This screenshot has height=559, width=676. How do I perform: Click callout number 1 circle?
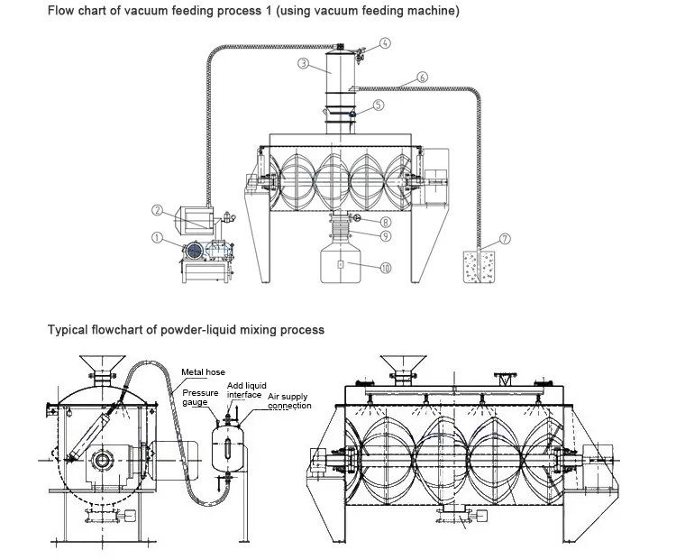tap(157, 239)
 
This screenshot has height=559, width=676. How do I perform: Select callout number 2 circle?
tap(157, 211)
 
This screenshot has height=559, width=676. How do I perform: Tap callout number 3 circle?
tap(304, 63)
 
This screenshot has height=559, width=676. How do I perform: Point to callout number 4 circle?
tap(385, 43)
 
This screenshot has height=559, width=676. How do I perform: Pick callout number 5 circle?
tap(379, 105)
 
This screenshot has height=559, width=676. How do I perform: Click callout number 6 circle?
tap(423, 77)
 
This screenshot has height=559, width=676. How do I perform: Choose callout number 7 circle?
tap(505, 238)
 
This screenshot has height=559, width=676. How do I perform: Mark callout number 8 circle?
tap(385, 222)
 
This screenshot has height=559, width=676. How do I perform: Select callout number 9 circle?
tap(385, 236)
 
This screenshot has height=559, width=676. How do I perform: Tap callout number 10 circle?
tap(385, 267)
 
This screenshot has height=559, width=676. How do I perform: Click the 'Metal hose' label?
tap(203, 371)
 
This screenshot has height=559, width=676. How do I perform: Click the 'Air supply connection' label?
tap(289, 401)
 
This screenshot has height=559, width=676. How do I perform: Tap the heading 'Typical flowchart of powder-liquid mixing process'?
tap(186, 330)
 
